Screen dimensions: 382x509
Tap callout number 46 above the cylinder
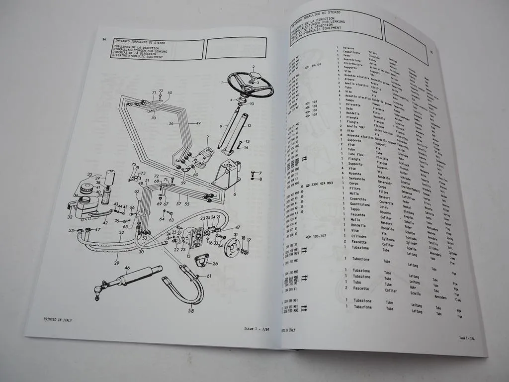[x=127, y=268]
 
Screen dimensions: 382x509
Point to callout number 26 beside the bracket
[x=215, y=263]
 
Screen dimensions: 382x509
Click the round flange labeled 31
[x=232, y=247]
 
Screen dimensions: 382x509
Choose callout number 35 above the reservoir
[x=90, y=175]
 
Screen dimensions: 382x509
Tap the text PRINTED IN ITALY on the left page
[x=58, y=320]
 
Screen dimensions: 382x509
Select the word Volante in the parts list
[x=351, y=49]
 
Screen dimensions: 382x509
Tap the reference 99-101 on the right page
[x=316, y=65]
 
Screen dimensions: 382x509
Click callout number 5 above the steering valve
[x=208, y=136]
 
